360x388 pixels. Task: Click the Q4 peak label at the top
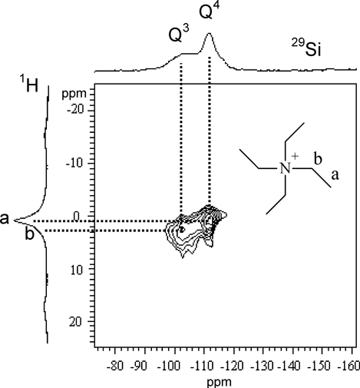click(x=210, y=11)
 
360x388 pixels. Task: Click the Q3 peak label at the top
click(x=179, y=34)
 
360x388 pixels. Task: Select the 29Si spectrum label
click(x=306, y=48)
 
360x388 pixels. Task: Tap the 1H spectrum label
click(x=29, y=84)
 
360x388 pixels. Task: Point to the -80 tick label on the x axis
click(x=115, y=366)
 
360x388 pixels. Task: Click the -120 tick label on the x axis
click(x=233, y=366)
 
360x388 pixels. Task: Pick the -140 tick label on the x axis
click(x=292, y=366)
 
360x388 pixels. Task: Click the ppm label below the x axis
click(x=219, y=383)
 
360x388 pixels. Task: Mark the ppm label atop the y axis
click(x=74, y=95)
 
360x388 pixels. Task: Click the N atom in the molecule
click(x=285, y=169)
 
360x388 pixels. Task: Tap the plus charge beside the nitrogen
click(x=295, y=156)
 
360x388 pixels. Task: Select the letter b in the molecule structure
click(x=318, y=159)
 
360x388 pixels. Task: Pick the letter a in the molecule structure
click(x=335, y=175)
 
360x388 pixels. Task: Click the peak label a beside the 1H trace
click(x=5, y=219)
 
